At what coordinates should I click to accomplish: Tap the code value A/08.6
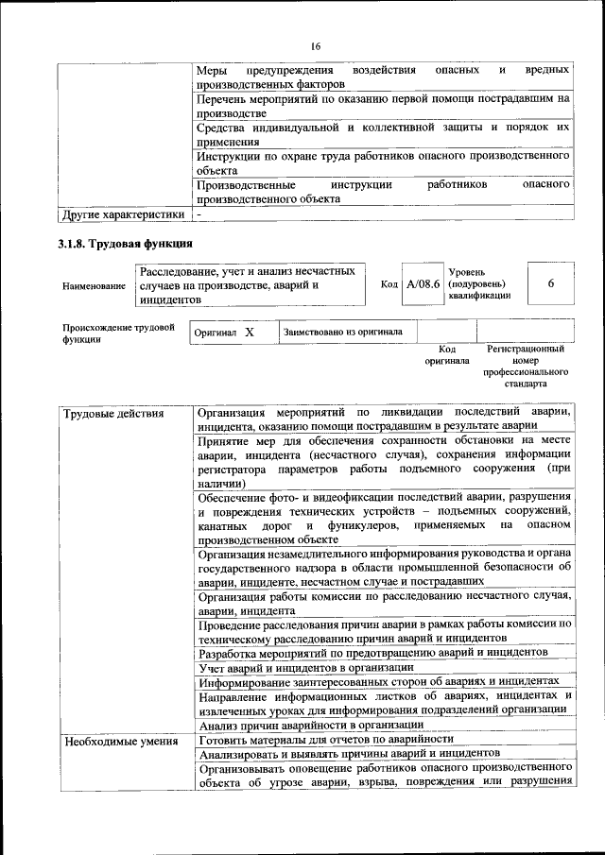[x=422, y=284]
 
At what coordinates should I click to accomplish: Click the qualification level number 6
[x=550, y=283]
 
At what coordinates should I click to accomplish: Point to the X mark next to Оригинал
[x=250, y=333]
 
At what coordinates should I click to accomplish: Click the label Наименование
[x=94, y=284]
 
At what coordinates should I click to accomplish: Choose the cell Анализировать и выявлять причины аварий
[x=348, y=753]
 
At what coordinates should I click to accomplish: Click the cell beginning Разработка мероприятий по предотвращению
[x=372, y=653]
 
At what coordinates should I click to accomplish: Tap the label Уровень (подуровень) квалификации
[x=480, y=283]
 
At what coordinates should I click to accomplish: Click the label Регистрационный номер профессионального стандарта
[x=526, y=367]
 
